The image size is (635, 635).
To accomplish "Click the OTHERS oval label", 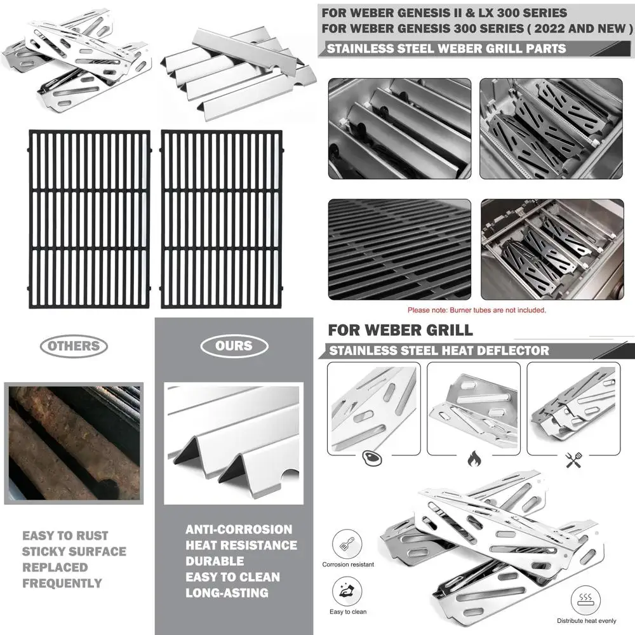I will click(74, 346).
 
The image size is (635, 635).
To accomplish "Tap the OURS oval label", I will click(234, 346).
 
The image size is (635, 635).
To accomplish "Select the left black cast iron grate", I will click(89, 218).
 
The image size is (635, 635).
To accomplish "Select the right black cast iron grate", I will click(221, 218).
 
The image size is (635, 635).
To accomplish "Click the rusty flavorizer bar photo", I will click(74, 443).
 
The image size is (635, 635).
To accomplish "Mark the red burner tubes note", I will click(476, 310).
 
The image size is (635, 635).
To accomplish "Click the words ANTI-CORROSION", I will click(239, 529).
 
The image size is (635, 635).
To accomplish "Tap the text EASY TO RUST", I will click(65, 535).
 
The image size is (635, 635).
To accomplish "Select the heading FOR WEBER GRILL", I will click(400, 330).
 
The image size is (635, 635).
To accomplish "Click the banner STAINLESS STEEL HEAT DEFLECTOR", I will click(438, 351).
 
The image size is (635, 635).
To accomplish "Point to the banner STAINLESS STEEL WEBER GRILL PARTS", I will click(444, 48).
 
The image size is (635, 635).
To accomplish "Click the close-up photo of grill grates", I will click(399, 249).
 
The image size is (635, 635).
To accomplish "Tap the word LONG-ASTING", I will click(227, 592).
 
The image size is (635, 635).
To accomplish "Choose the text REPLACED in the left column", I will click(55, 567).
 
